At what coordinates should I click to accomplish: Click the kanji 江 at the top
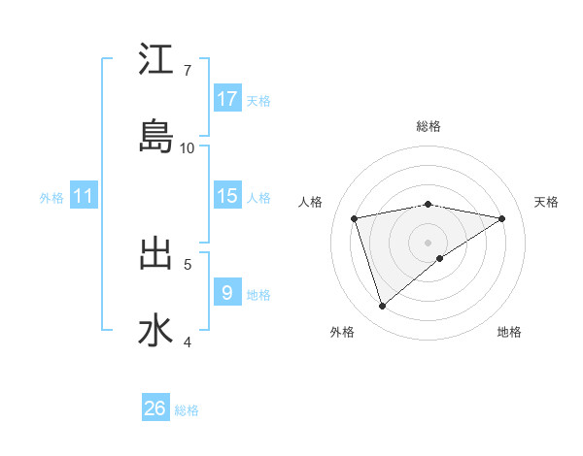click(155, 60)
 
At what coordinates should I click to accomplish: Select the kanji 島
click(155, 137)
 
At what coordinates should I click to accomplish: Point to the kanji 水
click(155, 330)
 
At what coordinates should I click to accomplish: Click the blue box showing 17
click(227, 98)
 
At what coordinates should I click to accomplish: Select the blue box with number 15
click(227, 196)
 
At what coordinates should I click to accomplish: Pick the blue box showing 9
click(227, 292)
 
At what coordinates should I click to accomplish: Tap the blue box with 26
click(155, 408)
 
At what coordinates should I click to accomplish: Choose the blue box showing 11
click(84, 196)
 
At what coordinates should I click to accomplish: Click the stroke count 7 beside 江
click(188, 70)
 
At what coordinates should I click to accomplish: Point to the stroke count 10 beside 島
click(188, 147)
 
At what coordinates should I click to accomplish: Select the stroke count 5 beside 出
click(188, 263)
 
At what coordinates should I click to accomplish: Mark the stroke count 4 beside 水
click(188, 341)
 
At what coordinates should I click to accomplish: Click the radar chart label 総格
click(429, 126)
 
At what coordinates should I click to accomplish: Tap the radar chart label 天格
click(546, 202)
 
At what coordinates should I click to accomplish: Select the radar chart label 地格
click(509, 332)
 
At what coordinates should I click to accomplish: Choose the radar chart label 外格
click(342, 332)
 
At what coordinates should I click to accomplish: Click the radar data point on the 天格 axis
click(502, 218)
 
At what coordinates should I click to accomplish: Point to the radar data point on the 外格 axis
click(383, 306)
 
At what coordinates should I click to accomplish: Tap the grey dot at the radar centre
click(429, 242)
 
